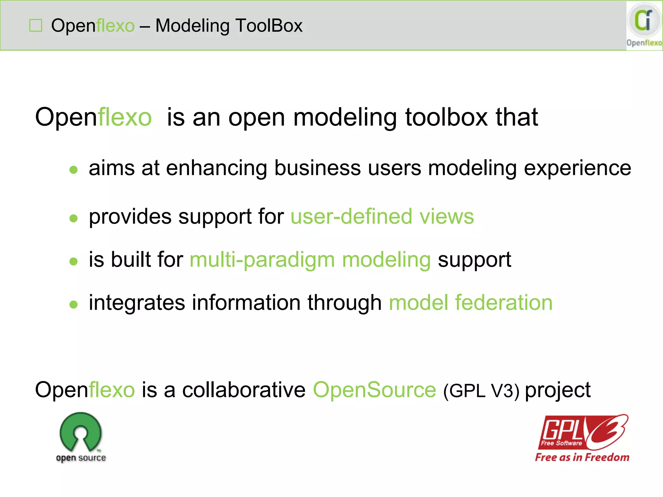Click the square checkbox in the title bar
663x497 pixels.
tap(36, 26)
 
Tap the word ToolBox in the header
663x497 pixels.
tap(269, 26)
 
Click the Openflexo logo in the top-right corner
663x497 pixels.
tap(644, 25)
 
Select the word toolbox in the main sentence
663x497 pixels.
tap(446, 117)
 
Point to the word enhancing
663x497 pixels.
tap(217, 168)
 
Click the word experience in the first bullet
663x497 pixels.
tap(577, 168)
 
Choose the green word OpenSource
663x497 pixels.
tap(375, 390)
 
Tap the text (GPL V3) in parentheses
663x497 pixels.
tap(481, 390)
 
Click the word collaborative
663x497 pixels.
tap(244, 390)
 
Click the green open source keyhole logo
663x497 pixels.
tap(81, 432)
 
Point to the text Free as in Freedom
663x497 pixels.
tap(582, 457)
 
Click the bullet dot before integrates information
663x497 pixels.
tap(74, 304)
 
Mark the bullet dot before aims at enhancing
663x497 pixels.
tap(74, 170)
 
